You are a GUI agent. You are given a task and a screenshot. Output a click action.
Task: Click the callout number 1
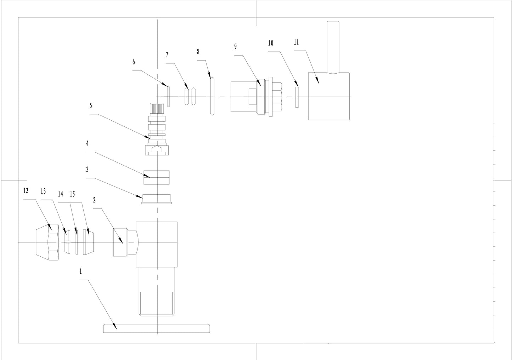81,272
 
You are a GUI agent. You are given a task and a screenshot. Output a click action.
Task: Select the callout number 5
91,105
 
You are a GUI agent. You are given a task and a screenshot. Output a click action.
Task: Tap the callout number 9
235,47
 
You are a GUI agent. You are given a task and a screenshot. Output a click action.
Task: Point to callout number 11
296,42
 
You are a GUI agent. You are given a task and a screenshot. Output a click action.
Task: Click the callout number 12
26,191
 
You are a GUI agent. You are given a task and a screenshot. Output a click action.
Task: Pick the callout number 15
72,194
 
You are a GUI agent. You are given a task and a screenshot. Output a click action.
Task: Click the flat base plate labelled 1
156,328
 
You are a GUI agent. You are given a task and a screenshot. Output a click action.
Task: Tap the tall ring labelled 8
212,96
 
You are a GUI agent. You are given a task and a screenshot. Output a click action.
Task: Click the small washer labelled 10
297,97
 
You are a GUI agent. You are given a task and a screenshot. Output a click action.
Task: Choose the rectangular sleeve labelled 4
156,177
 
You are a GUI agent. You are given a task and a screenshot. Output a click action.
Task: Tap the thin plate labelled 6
169,97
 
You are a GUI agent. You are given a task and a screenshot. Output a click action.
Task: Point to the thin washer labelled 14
77,242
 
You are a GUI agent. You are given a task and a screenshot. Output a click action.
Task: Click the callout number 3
87,170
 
